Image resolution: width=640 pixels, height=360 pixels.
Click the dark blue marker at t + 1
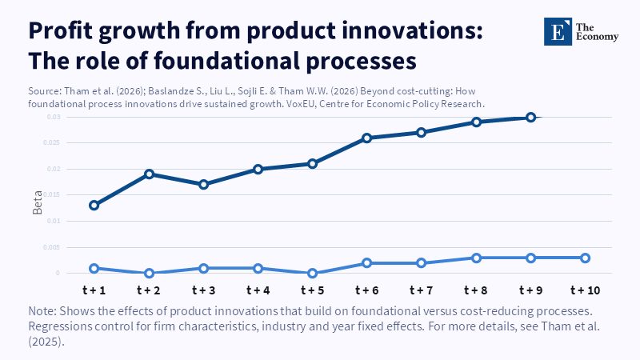tap(94, 206)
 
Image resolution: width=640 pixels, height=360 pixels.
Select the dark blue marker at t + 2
tap(149, 174)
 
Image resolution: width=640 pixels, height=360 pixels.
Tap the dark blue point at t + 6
tap(367, 138)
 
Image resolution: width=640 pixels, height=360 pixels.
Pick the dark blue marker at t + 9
tap(530, 118)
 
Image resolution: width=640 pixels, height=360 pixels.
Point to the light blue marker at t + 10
tap(585, 258)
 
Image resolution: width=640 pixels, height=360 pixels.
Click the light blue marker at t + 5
tap(313, 274)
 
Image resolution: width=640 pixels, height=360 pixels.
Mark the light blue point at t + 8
tap(476, 258)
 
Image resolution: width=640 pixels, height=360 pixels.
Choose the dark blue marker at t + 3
tap(203, 184)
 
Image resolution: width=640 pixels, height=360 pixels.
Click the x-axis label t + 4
tap(258, 289)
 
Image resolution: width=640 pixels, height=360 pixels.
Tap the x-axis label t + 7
tap(422, 289)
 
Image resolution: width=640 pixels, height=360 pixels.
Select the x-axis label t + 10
tap(585, 289)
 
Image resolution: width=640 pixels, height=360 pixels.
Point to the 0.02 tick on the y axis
tap(53, 170)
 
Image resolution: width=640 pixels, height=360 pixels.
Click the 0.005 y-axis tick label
tap(51, 247)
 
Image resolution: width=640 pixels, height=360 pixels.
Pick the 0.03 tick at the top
tap(53, 118)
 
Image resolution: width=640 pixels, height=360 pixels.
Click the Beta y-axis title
tap(38, 204)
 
